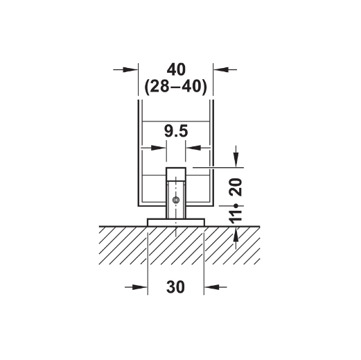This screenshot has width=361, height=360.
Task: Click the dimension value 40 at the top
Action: [x=176, y=69]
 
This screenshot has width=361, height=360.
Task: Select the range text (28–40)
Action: [x=175, y=87]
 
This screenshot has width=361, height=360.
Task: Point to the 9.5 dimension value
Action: [x=176, y=131]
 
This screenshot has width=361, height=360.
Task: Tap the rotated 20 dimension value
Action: [x=236, y=187]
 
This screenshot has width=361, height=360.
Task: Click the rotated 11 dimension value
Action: [x=236, y=217]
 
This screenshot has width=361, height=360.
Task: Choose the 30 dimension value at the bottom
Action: [x=175, y=287]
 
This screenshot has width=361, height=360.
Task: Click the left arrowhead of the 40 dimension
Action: [x=130, y=69]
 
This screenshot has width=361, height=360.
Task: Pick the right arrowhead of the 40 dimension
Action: [x=220, y=69]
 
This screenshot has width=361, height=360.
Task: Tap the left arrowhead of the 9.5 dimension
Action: [x=159, y=148]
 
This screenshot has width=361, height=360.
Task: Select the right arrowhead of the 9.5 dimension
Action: [x=193, y=148]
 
